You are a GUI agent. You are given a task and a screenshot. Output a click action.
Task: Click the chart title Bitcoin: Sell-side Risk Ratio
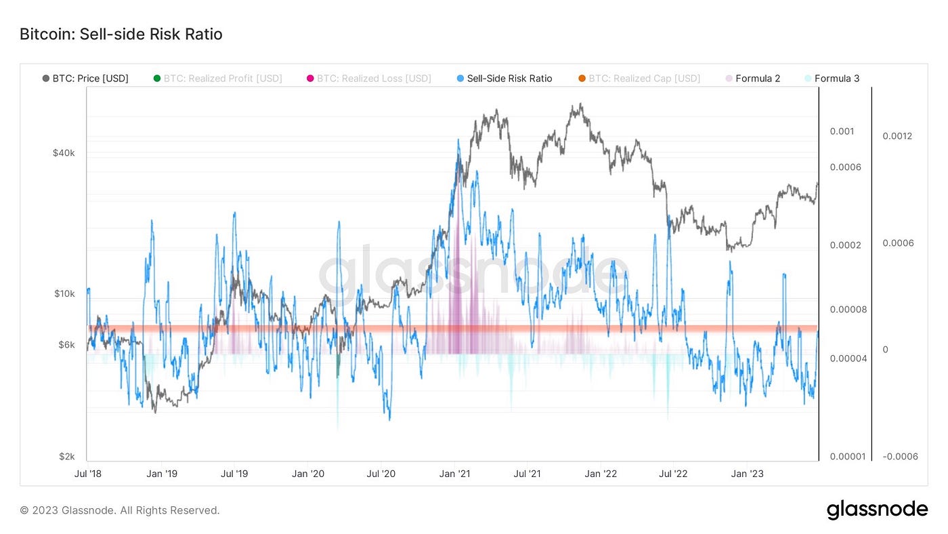pyautogui.click(x=121, y=34)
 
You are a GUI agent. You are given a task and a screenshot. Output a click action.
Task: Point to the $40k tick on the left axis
pyautogui.click(x=64, y=153)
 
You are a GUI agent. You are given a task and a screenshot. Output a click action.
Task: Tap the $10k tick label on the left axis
pyautogui.click(x=64, y=294)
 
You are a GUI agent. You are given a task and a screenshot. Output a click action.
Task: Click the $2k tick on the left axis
pyautogui.click(x=66, y=456)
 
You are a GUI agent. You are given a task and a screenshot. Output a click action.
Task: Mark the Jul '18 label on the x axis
pyautogui.click(x=87, y=474)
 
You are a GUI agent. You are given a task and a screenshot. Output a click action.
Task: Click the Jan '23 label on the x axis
pyautogui.click(x=748, y=474)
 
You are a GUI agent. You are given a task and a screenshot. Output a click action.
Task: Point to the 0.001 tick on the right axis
pyautogui.click(x=842, y=131)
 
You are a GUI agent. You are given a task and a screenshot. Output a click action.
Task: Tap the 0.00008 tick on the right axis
pyautogui.click(x=848, y=310)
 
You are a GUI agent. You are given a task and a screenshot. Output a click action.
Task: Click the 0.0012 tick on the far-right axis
pyautogui.click(x=897, y=136)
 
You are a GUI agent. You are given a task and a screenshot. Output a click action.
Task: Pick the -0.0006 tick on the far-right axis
pyautogui.click(x=900, y=456)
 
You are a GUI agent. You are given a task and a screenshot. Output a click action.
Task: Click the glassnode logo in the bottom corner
pyautogui.click(x=877, y=510)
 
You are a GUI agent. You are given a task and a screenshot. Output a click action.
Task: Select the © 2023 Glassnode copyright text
pyautogui.click(x=120, y=510)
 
